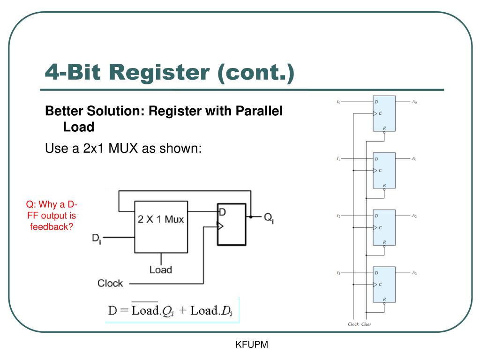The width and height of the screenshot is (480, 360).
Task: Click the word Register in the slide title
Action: coord(159,73)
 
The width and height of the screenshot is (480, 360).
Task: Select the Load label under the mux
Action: coord(161,270)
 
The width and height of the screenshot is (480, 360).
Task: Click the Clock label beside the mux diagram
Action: coord(110,283)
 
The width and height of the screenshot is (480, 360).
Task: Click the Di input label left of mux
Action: coord(97,239)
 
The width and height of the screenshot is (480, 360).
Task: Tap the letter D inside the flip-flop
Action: coord(223,212)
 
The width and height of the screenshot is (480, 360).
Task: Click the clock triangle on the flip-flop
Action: coord(220,226)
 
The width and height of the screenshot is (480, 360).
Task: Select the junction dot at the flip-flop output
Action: coord(251,217)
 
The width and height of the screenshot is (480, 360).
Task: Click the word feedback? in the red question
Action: coord(52,227)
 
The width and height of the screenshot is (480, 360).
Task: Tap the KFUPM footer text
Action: coord(252,345)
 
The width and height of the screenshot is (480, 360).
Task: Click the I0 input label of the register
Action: coord(338,102)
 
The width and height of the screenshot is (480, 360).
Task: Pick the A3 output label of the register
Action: coord(414,273)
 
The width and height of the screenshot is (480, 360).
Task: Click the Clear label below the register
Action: coord(366,324)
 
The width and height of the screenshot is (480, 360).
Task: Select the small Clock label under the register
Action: coord(353,324)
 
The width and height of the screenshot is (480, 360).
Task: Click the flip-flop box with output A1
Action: coord(384,171)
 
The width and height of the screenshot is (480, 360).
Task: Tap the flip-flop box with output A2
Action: coord(384,227)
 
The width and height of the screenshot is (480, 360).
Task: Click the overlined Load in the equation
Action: coord(145,310)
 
